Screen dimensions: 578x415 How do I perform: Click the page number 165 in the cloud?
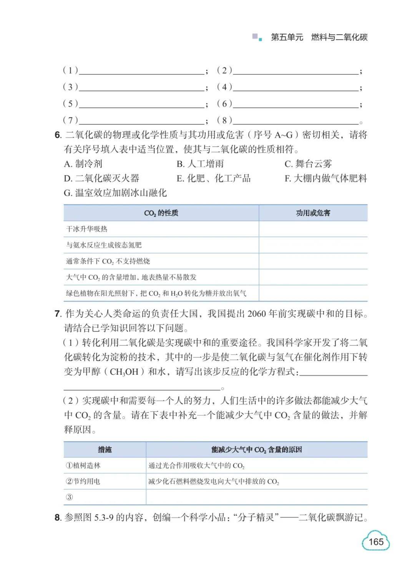click(x=376, y=542)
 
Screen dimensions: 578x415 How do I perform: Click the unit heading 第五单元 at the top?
click(x=287, y=37)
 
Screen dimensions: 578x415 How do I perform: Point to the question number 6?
click(x=58, y=135)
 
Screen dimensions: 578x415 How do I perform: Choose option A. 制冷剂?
click(x=83, y=164)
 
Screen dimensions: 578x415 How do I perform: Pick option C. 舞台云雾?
click(x=308, y=164)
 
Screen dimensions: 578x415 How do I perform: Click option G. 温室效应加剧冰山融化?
click(x=115, y=193)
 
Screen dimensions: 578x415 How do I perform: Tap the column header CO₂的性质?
click(x=161, y=213)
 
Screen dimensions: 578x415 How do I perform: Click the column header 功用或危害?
click(x=313, y=213)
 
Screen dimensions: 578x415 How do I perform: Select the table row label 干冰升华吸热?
click(x=87, y=229)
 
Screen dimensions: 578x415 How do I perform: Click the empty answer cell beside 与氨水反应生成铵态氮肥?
click(x=313, y=245)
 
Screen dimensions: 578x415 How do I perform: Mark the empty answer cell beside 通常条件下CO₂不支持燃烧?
click(x=313, y=261)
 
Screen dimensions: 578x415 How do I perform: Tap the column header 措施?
click(x=105, y=450)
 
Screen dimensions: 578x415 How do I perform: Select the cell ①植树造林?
click(x=83, y=465)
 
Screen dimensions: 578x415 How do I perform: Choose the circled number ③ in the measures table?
click(x=69, y=497)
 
